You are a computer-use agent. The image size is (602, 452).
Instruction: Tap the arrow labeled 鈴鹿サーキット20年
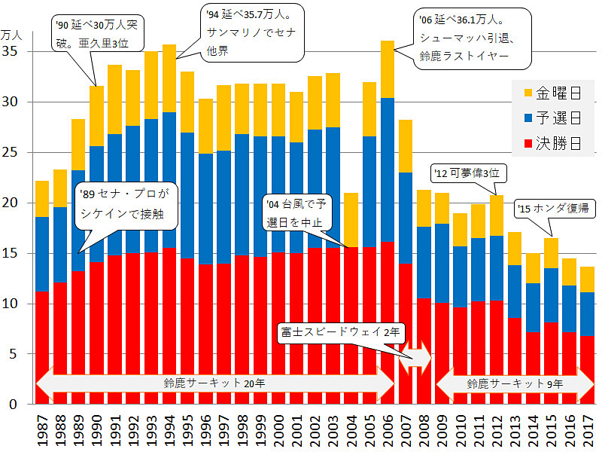pyautogui.click(x=214, y=383)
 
